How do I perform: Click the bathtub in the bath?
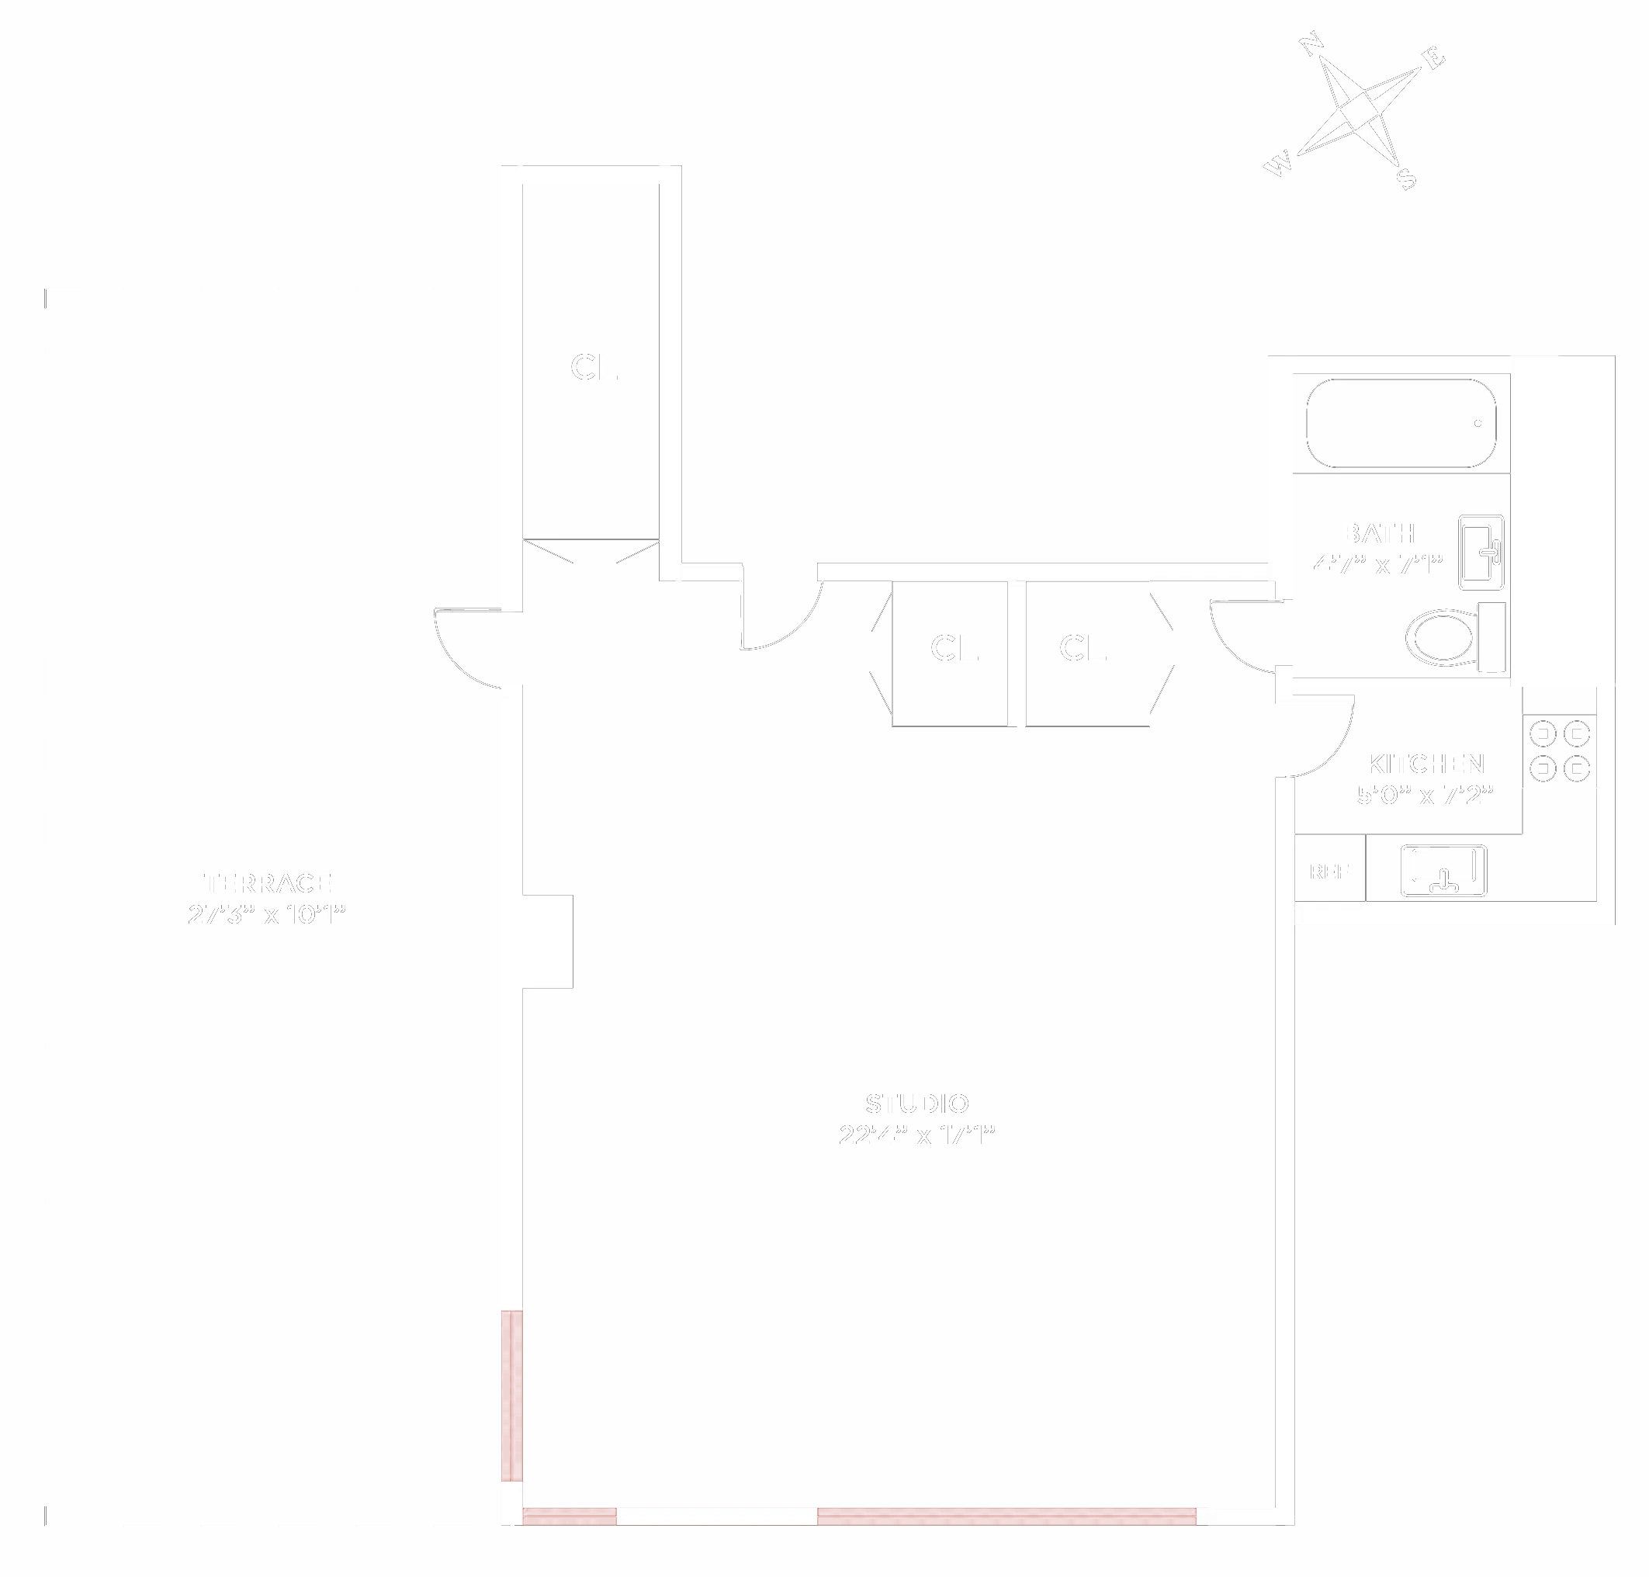[1400, 423]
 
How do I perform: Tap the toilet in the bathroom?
[1454, 637]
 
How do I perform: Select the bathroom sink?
[1481, 553]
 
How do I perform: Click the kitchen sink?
[1443, 871]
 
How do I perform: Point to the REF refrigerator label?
[1329, 872]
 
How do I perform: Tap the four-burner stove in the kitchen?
[1559, 750]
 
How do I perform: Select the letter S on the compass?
[1406, 178]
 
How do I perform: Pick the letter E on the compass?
[1433, 58]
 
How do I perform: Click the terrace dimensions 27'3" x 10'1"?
[267, 914]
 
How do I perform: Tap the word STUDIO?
[917, 1104]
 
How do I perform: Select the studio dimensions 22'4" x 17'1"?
[917, 1135]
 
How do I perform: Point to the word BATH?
[1378, 534]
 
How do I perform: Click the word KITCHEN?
[1426, 764]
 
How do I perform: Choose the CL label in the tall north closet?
[594, 367]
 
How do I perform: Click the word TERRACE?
[267, 883]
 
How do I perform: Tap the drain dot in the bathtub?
[1478, 424]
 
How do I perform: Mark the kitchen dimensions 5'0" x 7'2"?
[1426, 795]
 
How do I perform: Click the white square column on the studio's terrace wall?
[547, 941]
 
